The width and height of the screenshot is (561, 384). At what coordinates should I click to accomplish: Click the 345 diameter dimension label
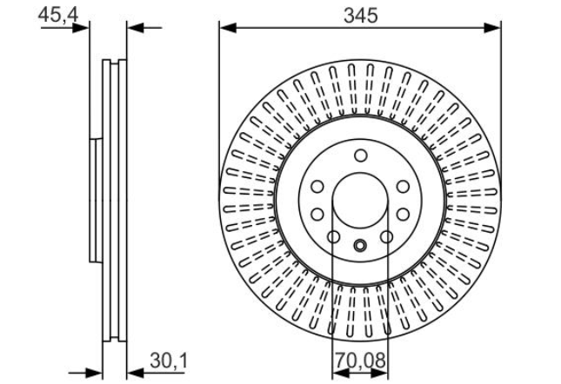tap(360, 16)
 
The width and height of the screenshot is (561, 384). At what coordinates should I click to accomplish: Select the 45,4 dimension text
tap(58, 15)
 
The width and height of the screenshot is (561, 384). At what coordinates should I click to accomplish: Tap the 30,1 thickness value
tap(169, 361)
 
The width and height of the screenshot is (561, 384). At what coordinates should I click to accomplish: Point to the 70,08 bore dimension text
tap(360, 361)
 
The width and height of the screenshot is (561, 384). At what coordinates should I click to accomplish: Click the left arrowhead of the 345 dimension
tap(228, 28)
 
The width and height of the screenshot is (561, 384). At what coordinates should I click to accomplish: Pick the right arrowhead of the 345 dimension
tap(492, 28)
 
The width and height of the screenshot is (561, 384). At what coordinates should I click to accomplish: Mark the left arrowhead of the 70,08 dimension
tap(341, 374)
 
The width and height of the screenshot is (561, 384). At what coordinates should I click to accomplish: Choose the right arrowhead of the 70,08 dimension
tap(379, 374)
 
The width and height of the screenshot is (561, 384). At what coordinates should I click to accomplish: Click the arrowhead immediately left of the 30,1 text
tap(135, 374)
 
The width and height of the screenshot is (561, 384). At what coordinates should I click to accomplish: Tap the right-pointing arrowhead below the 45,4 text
tap(81, 28)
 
